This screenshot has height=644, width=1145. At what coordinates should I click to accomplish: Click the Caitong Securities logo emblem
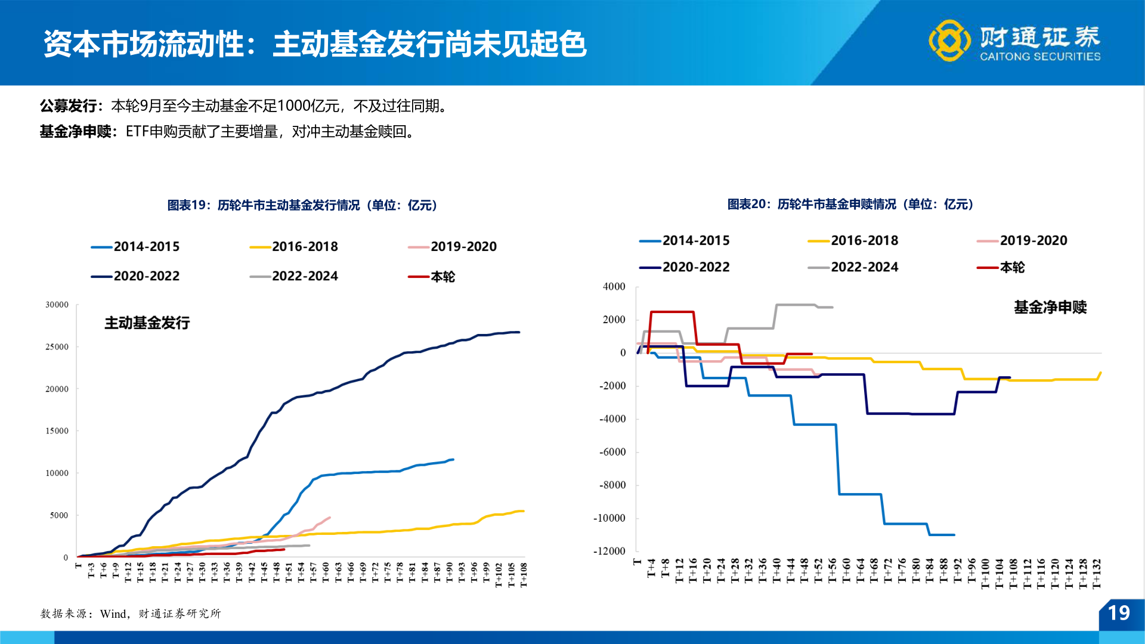tap(949, 41)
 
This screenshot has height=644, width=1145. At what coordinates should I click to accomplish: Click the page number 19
tap(1118, 613)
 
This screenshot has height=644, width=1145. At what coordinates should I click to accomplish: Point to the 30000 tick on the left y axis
tap(57, 305)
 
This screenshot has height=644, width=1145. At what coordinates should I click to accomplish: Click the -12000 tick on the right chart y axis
tap(609, 551)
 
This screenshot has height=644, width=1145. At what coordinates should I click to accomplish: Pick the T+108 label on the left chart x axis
tap(524, 575)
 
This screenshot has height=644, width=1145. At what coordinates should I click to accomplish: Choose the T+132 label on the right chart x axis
tap(1096, 574)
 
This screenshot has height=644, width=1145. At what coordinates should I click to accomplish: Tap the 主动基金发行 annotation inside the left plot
tap(147, 323)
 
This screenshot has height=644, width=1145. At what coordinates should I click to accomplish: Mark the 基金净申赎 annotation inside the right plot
tap(1050, 307)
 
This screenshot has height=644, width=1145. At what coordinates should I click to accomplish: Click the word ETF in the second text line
tap(137, 131)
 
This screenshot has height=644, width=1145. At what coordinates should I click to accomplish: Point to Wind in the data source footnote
tap(113, 614)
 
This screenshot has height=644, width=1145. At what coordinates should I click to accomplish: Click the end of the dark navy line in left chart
tap(519, 332)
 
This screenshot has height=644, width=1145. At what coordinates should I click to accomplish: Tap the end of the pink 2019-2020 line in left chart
tap(330, 518)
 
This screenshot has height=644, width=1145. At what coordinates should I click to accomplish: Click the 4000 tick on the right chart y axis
tap(614, 287)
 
